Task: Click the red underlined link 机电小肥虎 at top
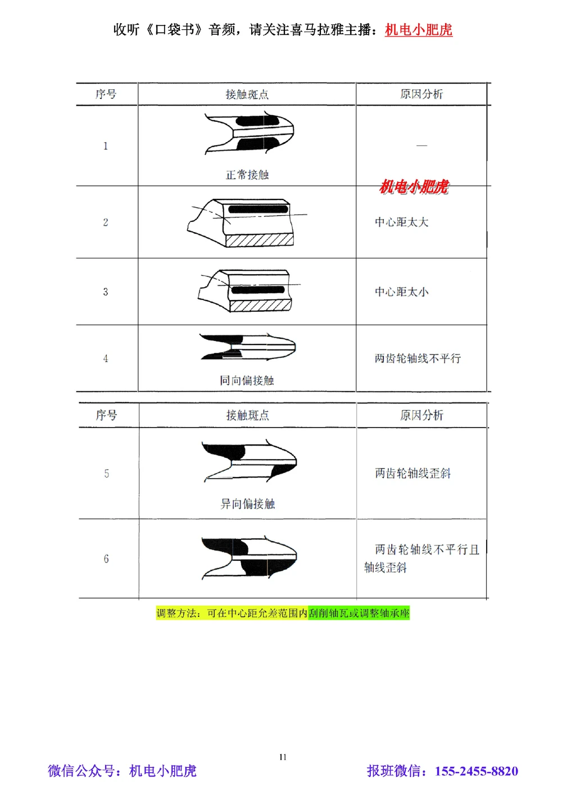point(418,30)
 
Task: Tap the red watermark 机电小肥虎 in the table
point(414,187)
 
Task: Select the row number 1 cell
point(105,146)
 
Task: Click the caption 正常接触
point(247,175)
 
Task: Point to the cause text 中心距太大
point(401,222)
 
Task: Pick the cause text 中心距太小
point(401,292)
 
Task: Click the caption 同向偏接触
point(247,381)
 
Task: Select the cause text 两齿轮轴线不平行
point(418,358)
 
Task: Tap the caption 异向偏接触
point(247,504)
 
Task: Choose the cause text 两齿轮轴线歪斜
point(413,474)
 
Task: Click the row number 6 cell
point(106,559)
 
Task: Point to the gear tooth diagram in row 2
point(242,222)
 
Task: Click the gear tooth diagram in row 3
point(245,290)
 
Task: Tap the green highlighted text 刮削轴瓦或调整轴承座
point(359,613)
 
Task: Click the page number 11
point(283,757)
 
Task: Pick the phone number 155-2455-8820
point(476,771)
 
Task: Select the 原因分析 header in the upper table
point(421,94)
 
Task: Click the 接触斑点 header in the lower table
point(247,416)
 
